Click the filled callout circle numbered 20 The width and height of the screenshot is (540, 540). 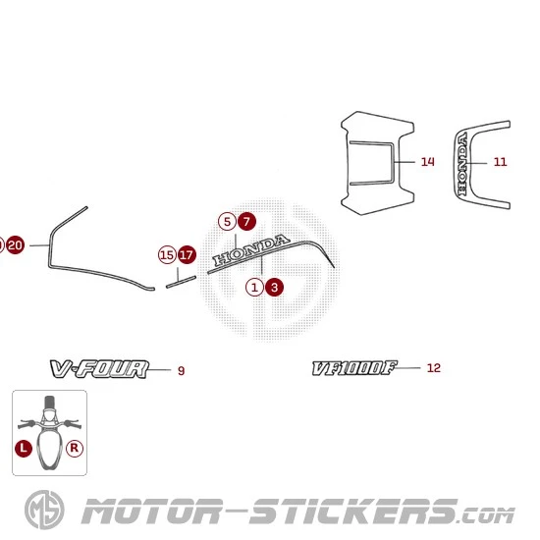15,245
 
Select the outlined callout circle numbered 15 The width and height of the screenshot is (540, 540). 167,255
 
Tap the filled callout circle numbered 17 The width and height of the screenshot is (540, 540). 187,255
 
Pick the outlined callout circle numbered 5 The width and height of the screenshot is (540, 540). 228,222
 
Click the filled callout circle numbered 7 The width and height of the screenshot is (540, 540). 246,222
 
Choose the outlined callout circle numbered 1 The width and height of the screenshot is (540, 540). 255,288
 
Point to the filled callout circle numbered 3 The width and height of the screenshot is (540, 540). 274,288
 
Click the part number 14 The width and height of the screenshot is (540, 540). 428,162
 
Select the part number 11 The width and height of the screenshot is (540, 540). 501,162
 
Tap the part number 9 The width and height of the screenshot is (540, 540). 182,370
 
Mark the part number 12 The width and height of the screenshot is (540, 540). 434,368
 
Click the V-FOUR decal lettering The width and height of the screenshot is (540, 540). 99,369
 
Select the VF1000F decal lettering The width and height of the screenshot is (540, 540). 354,368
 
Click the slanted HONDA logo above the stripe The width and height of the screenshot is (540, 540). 251,249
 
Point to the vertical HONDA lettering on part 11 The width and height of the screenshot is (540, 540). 462,164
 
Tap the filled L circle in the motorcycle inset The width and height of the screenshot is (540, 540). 24,448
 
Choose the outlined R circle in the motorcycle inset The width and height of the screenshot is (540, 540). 75,448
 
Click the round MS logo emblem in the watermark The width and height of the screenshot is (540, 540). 44,510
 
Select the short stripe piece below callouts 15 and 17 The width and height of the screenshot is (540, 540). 182,282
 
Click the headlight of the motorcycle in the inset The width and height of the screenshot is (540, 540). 49,414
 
